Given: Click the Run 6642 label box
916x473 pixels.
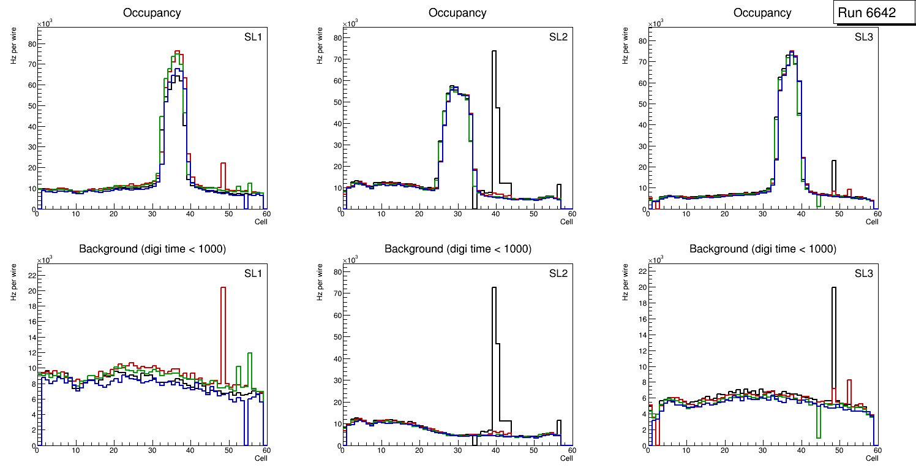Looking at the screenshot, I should (x=866, y=13).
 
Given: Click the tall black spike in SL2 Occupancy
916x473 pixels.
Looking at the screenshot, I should (x=494, y=92).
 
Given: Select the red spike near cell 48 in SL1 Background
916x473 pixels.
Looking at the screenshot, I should (x=223, y=319).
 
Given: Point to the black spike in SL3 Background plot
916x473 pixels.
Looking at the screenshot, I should (x=833, y=319).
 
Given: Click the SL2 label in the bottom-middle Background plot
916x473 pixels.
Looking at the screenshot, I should (x=558, y=273).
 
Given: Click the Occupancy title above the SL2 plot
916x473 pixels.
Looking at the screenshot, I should (x=457, y=13).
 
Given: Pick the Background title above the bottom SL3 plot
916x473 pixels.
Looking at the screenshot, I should (x=762, y=249).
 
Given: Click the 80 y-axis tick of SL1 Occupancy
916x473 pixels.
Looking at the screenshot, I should (x=29, y=44).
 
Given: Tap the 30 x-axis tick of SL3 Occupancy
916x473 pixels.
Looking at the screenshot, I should (x=762, y=214).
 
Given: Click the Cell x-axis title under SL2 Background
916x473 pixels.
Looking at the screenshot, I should (x=566, y=458).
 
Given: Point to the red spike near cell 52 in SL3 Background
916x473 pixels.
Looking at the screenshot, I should (x=849, y=392).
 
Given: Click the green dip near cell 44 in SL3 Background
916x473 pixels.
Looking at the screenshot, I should (x=818, y=423).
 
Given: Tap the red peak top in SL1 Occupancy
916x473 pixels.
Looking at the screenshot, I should (x=176, y=51).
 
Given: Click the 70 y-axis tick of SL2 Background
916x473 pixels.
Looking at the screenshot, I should (x=335, y=293).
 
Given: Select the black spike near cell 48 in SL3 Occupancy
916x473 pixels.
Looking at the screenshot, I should (x=833, y=172).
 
